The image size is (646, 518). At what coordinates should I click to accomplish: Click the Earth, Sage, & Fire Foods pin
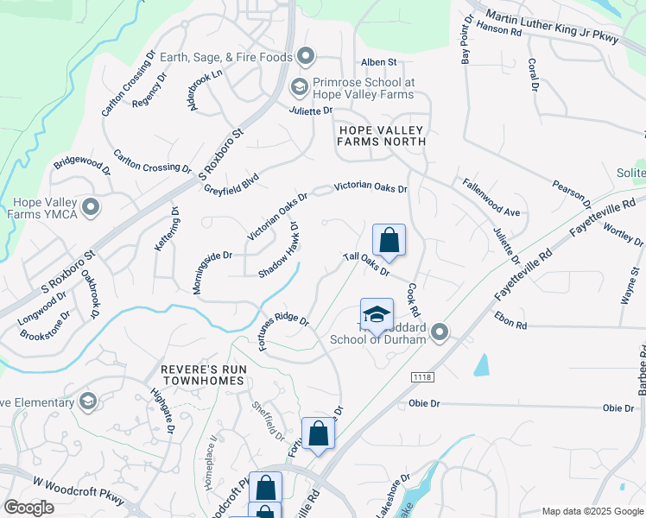pyautogui.click(x=306, y=57)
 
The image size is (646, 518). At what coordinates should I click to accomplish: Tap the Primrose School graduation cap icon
pyautogui.click(x=299, y=86)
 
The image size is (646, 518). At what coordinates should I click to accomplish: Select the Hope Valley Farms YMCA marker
pyautogui.click(x=90, y=207)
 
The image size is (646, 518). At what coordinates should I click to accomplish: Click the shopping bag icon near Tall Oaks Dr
pyautogui.click(x=389, y=240)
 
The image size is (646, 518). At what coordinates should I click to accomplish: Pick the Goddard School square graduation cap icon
pyautogui.click(x=377, y=315)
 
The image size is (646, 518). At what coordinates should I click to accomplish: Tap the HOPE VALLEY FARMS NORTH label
pyautogui.click(x=383, y=136)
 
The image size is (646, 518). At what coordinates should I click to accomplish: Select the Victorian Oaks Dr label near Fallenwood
pyautogui.click(x=370, y=187)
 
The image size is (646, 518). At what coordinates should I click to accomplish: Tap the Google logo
pyautogui.click(x=28, y=508)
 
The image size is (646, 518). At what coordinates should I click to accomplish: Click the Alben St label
pyautogui.click(x=378, y=62)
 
